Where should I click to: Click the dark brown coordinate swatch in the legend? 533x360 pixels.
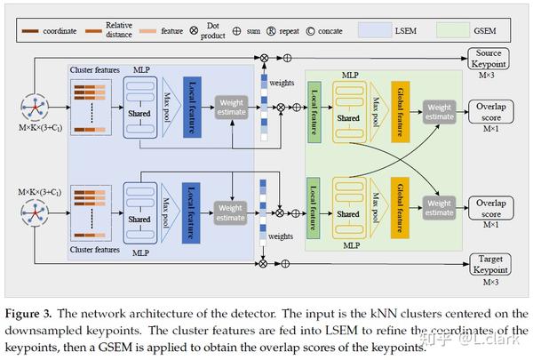(36, 30)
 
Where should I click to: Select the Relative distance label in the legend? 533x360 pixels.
(118, 30)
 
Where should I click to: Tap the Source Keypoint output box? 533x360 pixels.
(489, 60)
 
